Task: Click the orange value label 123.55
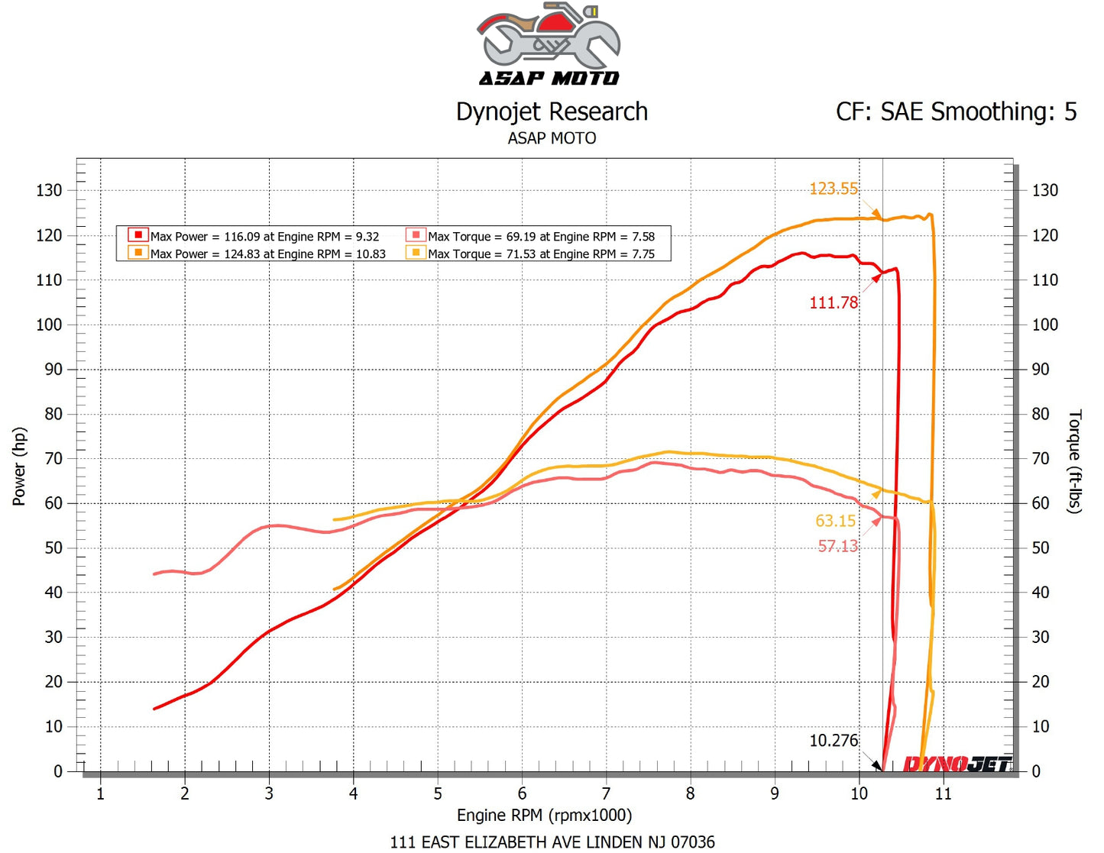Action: point(833,189)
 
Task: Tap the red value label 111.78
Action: point(833,303)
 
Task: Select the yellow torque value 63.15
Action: point(835,521)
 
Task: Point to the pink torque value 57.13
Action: point(837,546)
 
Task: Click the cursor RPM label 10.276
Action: point(833,741)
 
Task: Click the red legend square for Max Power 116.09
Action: point(138,235)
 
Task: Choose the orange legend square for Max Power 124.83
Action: point(138,253)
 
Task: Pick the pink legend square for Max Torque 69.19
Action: point(416,235)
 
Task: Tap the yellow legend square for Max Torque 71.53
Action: point(416,253)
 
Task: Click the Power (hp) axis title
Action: point(19,467)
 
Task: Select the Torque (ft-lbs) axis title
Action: point(1074,461)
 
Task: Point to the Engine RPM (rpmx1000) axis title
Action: point(544,816)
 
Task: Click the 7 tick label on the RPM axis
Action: point(606,794)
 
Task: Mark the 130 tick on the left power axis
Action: point(49,190)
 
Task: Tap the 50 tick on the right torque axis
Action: point(1040,548)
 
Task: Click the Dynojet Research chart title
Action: point(552,112)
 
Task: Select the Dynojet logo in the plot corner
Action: point(957,763)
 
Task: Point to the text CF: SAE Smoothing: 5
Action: point(956,112)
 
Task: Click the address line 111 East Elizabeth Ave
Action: point(552,842)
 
